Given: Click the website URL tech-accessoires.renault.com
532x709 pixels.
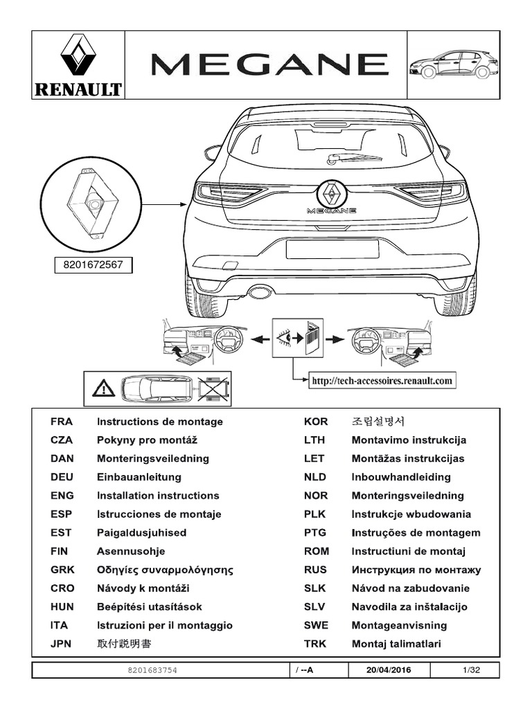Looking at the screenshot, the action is pyautogui.click(x=382, y=380).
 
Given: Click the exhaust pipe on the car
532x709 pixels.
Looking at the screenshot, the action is pyautogui.click(x=260, y=292).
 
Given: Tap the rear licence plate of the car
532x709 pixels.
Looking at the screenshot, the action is pyautogui.click(x=332, y=248).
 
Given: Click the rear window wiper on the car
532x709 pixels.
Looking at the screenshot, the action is pyautogui.click(x=353, y=159).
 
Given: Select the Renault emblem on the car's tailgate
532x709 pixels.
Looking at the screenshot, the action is pyautogui.click(x=332, y=191).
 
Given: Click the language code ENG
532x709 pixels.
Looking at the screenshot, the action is pyautogui.click(x=62, y=496).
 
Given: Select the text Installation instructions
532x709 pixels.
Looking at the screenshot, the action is pyautogui.click(x=158, y=496).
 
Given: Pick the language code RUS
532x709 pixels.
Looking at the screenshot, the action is pyautogui.click(x=315, y=570).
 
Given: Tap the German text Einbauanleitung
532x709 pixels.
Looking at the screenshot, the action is pyautogui.click(x=139, y=477).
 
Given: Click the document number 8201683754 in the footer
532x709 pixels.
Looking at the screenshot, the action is pyautogui.click(x=152, y=670).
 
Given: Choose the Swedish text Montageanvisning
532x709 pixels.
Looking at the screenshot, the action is pyautogui.click(x=399, y=625).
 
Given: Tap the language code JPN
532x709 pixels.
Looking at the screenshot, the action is pyautogui.click(x=62, y=644).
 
